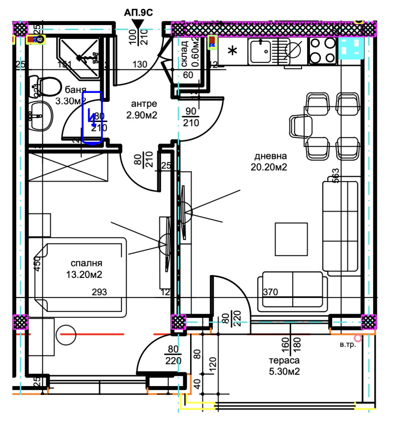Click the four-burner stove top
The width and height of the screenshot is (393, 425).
tap(321, 49)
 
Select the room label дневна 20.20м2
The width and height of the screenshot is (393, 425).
tap(270, 162)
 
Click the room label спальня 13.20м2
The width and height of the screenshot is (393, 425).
tap(86, 269)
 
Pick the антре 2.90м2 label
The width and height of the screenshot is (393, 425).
tap(144, 109)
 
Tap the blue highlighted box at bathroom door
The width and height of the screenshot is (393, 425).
tap(92, 118)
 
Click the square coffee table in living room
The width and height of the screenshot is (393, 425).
tap(291, 239)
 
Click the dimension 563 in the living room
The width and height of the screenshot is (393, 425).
tap(336, 176)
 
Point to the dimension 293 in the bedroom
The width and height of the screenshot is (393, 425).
tap(100, 292)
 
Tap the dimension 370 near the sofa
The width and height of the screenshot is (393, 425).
tap(270, 292)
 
